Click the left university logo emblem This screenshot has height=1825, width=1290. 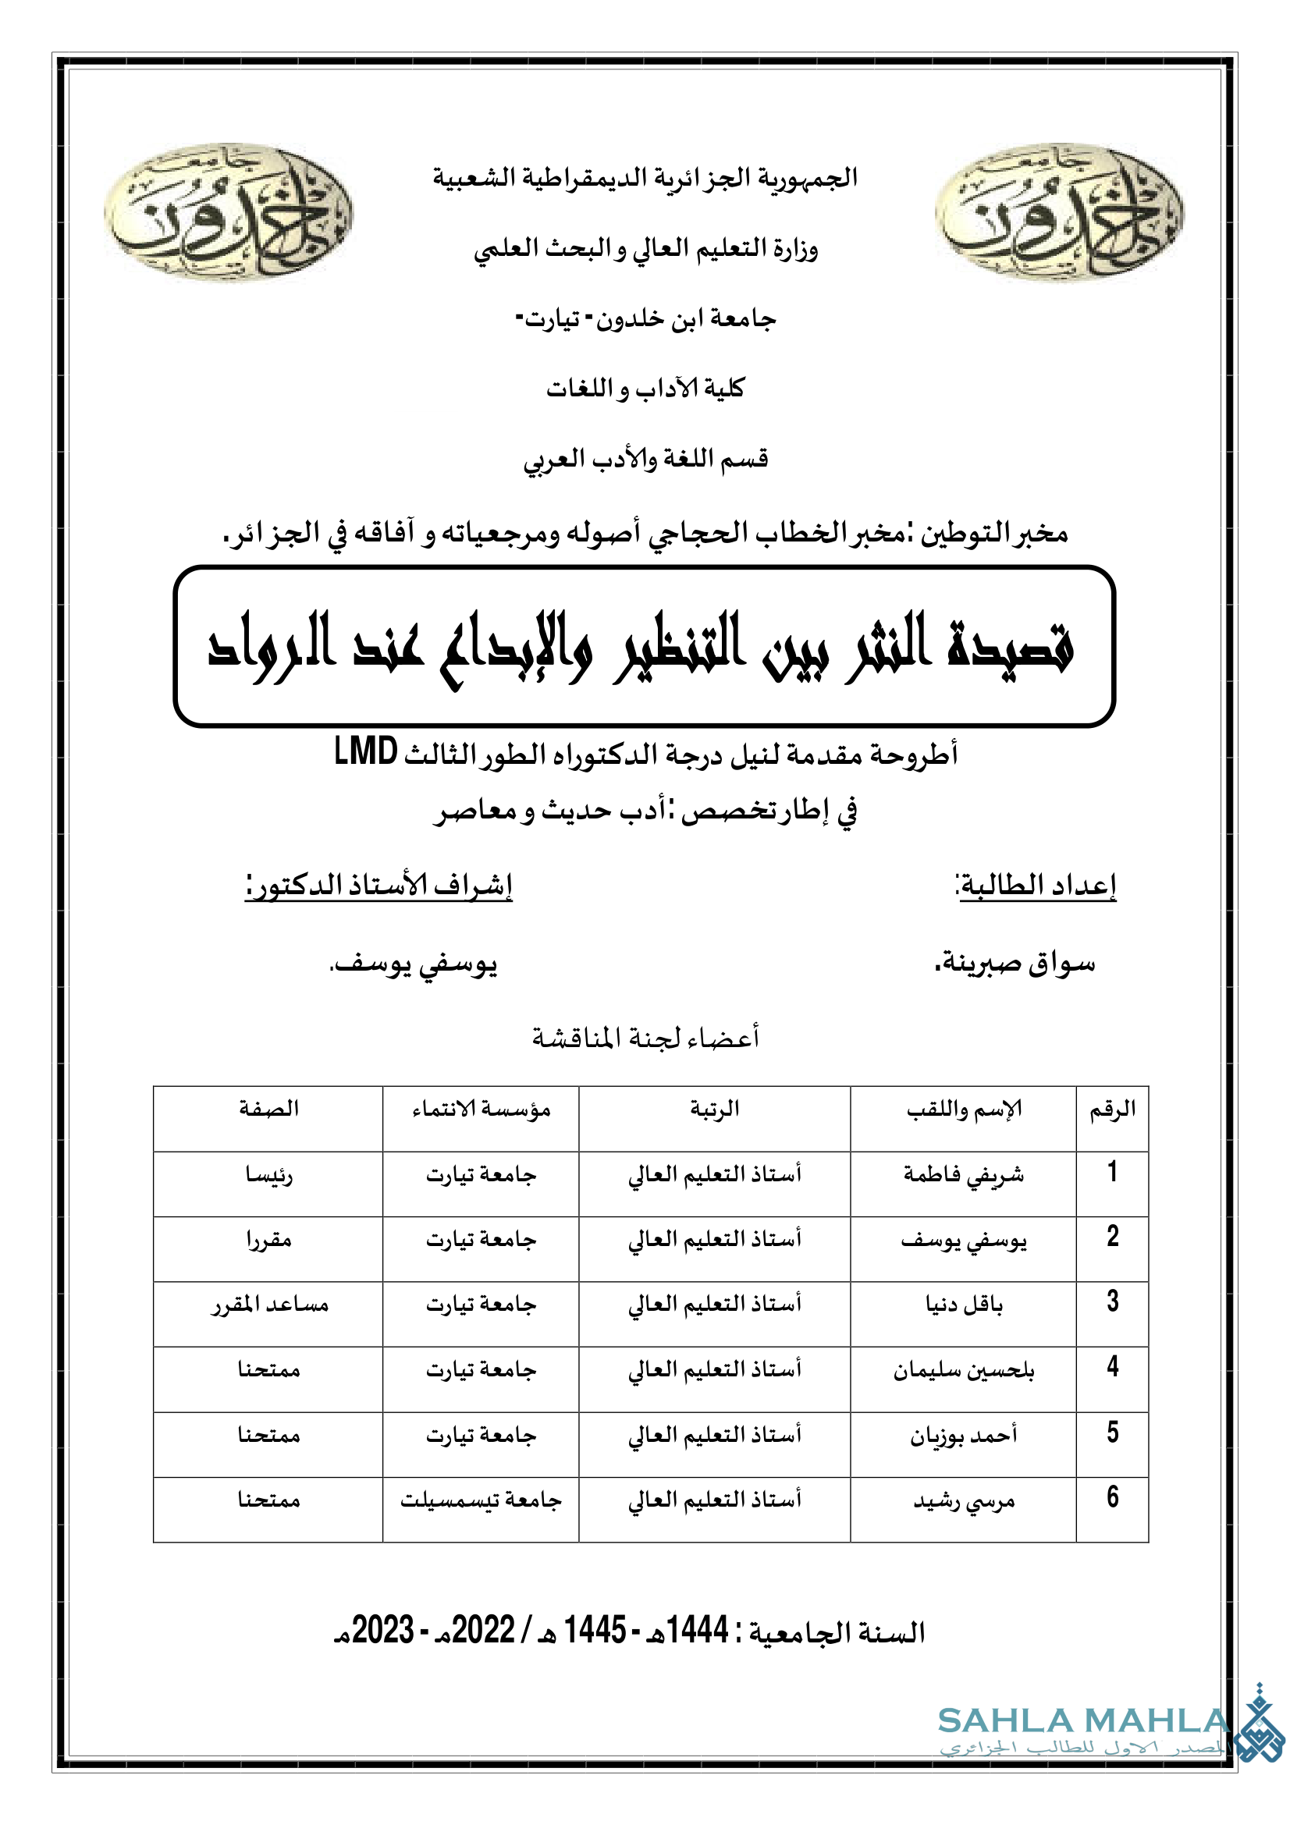point(228,212)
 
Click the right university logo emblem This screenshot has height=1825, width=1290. point(1060,212)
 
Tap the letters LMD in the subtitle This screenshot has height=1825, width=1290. point(366,751)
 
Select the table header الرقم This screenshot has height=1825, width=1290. point(1112,1110)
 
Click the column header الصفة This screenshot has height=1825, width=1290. point(268,1109)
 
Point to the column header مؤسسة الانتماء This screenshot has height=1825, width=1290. point(481,1110)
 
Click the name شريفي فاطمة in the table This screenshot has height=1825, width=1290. point(963,1175)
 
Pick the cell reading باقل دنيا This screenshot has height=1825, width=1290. point(963,1305)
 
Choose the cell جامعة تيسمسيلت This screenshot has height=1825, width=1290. point(481,1500)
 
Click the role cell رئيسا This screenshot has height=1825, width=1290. point(268,1175)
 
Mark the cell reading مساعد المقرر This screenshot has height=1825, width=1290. point(268,1305)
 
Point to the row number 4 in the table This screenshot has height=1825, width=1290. point(1113,1366)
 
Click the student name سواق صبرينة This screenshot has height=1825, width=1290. point(1015,964)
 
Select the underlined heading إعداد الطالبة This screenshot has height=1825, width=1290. point(1036,885)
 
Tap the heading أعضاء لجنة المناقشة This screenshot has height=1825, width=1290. point(645,1037)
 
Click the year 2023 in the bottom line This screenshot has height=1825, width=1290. point(383,1630)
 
